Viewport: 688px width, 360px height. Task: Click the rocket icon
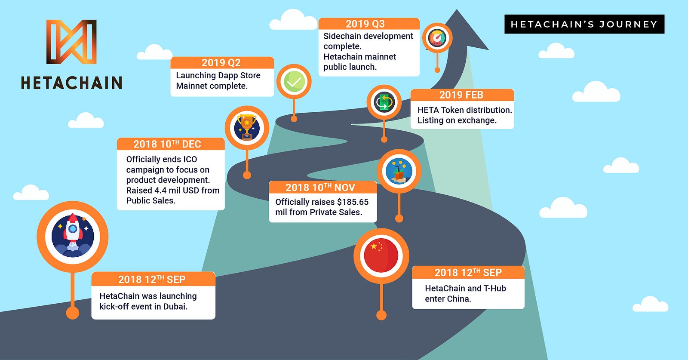73,237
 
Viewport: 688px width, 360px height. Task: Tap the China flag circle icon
381,255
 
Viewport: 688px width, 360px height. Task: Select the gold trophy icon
247,127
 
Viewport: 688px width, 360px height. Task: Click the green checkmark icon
294,81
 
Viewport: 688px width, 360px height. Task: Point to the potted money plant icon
399,171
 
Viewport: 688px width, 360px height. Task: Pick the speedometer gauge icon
437,38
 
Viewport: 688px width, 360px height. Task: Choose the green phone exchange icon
384,102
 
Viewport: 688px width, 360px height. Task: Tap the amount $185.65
353,202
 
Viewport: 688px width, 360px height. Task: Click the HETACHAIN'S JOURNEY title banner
584,24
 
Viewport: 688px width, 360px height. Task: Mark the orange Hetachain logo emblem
71,42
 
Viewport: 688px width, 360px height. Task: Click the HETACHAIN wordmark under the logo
71,83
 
